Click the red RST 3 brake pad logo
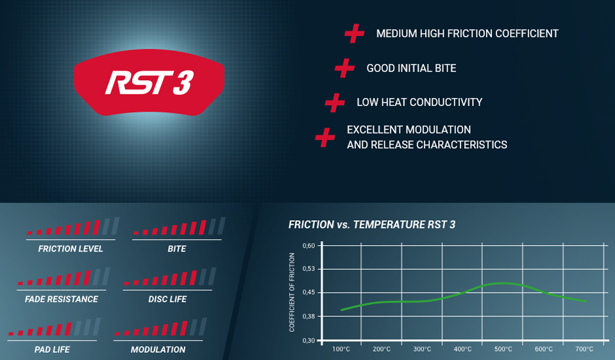(149, 82)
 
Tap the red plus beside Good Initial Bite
(345, 68)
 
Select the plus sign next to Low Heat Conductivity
(335, 103)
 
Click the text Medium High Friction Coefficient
(467, 34)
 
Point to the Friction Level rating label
(71, 249)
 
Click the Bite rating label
(177, 249)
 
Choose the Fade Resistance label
(62, 299)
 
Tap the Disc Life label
(167, 299)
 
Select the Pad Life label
(52, 349)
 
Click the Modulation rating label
(158, 349)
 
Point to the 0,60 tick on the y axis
(308, 246)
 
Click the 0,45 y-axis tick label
(308, 293)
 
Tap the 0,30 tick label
(308, 340)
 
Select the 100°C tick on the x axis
(341, 349)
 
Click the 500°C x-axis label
(503, 349)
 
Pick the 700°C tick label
(584, 349)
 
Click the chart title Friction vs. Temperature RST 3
(372, 225)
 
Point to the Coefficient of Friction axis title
(292, 292)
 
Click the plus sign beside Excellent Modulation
(325, 137)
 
